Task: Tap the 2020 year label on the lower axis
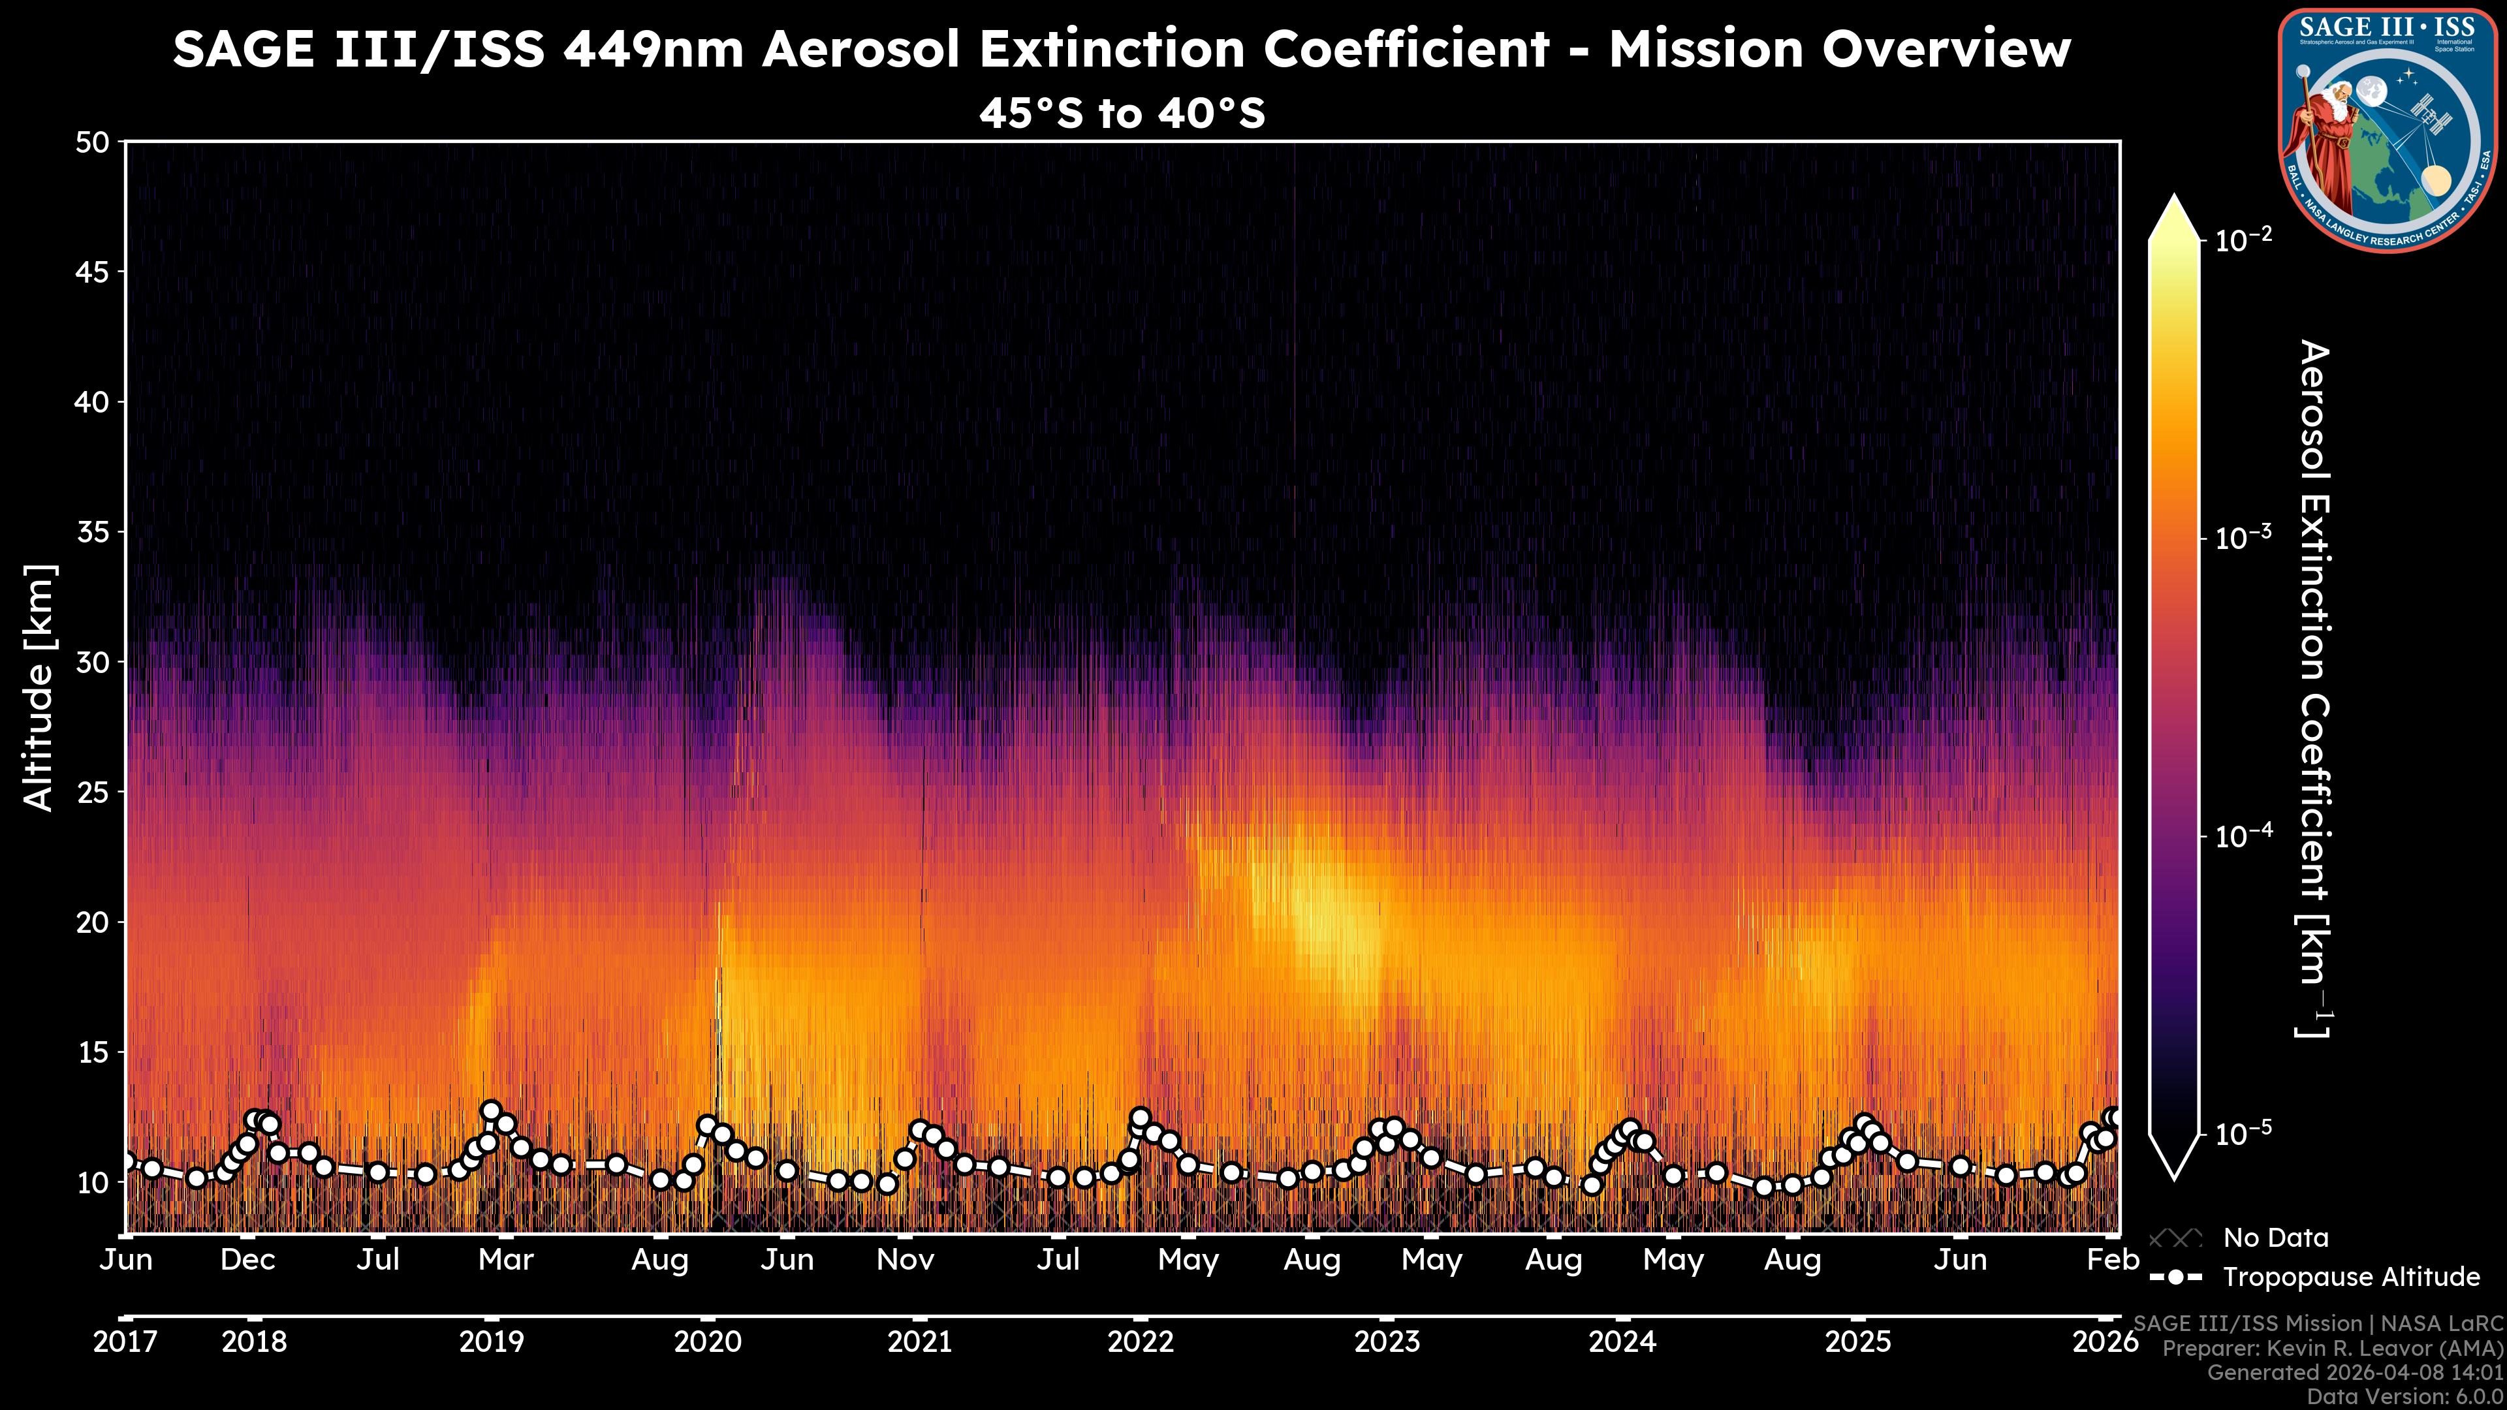coord(708,1342)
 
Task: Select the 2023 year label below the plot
coord(1387,1342)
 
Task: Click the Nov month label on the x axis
coord(905,1260)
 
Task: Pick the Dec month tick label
coord(248,1260)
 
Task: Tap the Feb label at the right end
coord(2113,1260)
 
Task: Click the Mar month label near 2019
coord(506,1260)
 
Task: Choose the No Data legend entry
coord(2275,1238)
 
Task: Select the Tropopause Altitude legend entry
coord(2350,1277)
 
